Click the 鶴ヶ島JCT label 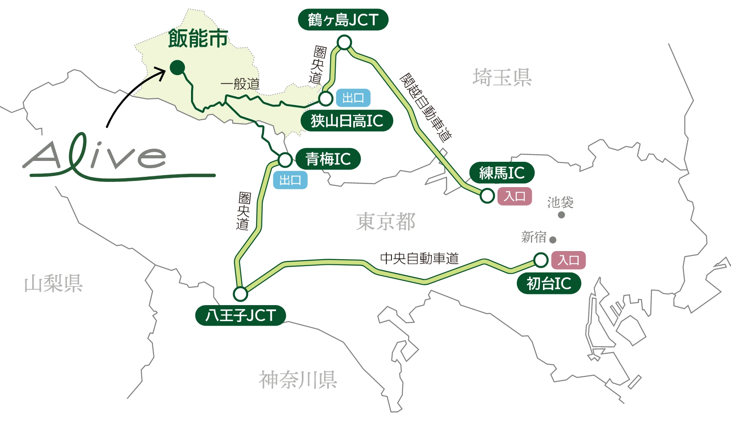343,20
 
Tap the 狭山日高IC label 346,121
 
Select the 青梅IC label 328,159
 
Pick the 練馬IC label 502,173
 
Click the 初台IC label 549,284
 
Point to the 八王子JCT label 240,315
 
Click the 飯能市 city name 198,39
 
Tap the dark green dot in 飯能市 177,68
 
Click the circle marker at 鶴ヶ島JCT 344,42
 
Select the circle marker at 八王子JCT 240,294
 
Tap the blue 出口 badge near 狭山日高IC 353,98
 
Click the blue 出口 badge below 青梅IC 290,180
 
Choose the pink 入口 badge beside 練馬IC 515,197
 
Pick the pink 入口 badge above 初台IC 568,260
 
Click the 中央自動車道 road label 419,258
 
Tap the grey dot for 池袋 561,215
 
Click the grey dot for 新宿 553,240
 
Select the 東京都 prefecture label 385,222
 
